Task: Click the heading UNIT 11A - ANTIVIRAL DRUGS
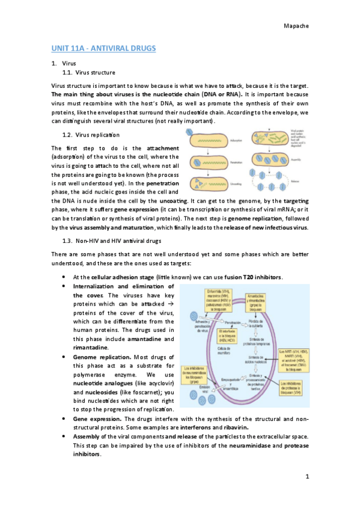point(103,48)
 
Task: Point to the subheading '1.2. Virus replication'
point(92,134)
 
